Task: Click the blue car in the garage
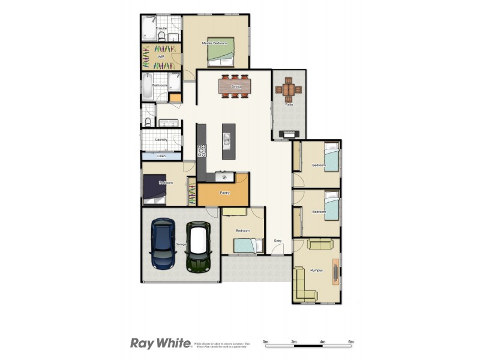pyautogui.click(x=163, y=244)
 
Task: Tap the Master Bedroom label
pyautogui.click(x=214, y=43)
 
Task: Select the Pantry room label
pyautogui.click(x=224, y=193)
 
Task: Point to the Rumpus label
pyautogui.click(x=316, y=270)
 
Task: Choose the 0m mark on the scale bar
pyautogui.click(x=265, y=341)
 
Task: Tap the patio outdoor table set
pyautogui.click(x=289, y=89)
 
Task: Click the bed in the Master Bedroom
pyautogui.click(x=220, y=56)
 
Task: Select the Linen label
pyautogui.click(x=161, y=157)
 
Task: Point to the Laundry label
pyautogui.click(x=161, y=140)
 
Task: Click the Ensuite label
pyautogui.click(x=161, y=28)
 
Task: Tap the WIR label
pyautogui.click(x=161, y=56)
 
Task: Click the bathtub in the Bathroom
pyautogui.click(x=147, y=86)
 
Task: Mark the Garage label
pyautogui.click(x=180, y=245)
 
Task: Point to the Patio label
pyautogui.click(x=289, y=104)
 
